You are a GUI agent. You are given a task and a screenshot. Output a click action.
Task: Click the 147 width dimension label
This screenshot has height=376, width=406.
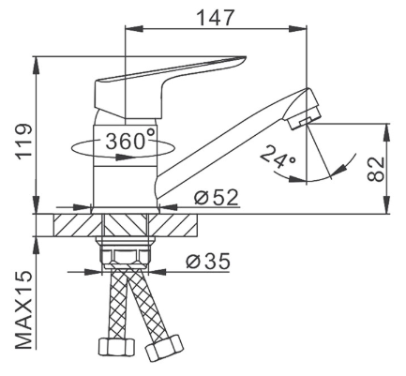click(x=216, y=18)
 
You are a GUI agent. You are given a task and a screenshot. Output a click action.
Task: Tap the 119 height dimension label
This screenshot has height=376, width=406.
click(x=23, y=143)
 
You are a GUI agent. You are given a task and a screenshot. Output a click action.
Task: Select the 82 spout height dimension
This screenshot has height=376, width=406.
click(x=375, y=169)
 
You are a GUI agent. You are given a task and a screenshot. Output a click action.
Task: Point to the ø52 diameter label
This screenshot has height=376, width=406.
click(x=216, y=197)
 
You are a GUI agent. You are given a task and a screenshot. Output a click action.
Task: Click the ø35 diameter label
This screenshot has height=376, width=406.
click(x=208, y=262)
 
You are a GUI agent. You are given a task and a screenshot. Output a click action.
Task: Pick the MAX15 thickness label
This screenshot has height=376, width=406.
click(x=23, y=309)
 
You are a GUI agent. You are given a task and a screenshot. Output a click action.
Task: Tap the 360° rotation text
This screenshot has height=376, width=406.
click(x=130, y=140)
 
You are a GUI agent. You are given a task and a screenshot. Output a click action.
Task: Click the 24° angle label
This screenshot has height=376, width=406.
click(x=278, y=158)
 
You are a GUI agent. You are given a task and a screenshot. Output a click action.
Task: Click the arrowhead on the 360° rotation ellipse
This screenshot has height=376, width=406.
click(x=121, y=157)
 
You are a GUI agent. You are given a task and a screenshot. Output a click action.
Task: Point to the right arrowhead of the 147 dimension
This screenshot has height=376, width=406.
click(x=298, y=29)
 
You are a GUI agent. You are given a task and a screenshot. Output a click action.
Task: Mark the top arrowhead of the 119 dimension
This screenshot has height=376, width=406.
click(x=37, y=66)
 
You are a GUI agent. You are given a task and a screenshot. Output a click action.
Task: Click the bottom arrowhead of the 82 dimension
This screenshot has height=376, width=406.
click(x=387, y=205)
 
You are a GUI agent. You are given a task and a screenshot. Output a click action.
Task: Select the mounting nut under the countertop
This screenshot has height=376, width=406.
click(x=126, y=252)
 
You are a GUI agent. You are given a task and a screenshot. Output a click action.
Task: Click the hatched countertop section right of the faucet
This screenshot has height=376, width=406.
click(x=173, y=225)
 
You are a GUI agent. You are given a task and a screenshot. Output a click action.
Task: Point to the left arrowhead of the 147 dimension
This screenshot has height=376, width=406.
click(x=134, y=29)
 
